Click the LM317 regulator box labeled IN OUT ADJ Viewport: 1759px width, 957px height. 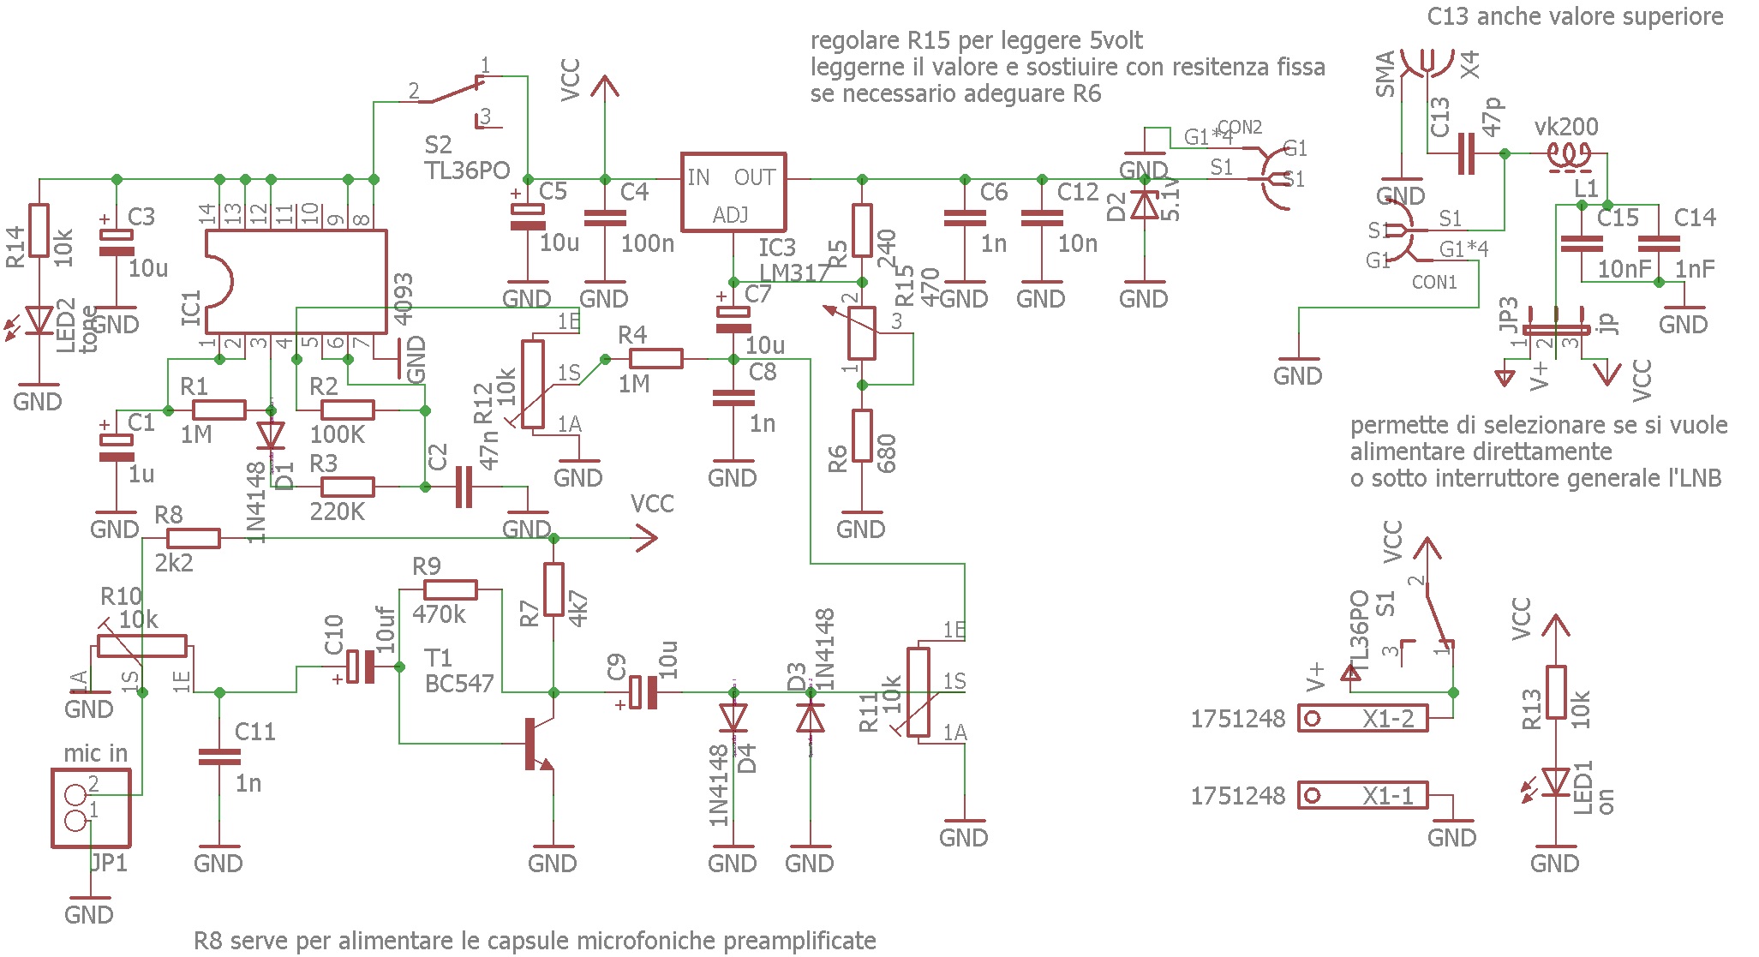(733, 193)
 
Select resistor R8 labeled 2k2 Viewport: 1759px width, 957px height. (193, 538)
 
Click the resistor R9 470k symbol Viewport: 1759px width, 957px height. (451, 589)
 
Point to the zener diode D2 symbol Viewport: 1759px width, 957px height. (1145, 206)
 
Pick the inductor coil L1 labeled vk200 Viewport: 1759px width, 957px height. (1568, 155)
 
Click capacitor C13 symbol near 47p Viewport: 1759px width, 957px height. (1466, 153)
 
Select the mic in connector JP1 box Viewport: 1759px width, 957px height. (91, 808)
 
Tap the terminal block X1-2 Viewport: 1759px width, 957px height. (1362, 718)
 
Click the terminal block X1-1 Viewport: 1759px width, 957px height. (1362, 796)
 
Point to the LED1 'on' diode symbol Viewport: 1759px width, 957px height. (1555, 782)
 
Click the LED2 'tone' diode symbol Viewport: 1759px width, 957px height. (39, 320)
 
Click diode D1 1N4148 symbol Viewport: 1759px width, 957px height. (271, 436)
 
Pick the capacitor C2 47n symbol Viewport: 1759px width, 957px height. (464, 487)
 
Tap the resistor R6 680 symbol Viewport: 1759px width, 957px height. (862, 436)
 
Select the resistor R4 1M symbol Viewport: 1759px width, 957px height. (656, 359)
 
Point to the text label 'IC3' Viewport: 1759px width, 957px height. (777, 248)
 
